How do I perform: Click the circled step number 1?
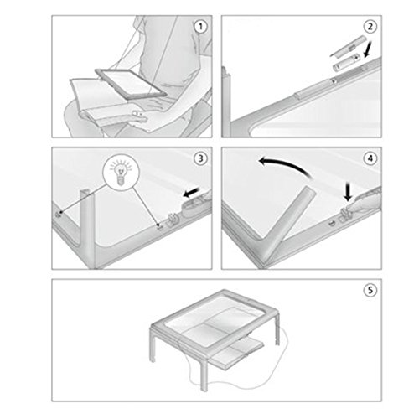coord(200,27)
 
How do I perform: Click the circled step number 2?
coord(370,27)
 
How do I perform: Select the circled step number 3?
coord(200,158)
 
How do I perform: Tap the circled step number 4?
coord(370,158)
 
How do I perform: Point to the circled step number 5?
coord(370,291)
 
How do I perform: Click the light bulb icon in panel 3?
coord(121,173)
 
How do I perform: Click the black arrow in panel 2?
coord(369,49)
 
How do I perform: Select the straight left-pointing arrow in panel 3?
coord(191,192)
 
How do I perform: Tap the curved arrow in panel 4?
coord(285,167)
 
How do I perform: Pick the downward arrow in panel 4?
coord(348,191)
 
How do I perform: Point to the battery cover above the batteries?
coord(347,47)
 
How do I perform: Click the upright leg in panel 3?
coord(88,229)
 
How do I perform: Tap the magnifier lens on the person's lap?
coord(132,83)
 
